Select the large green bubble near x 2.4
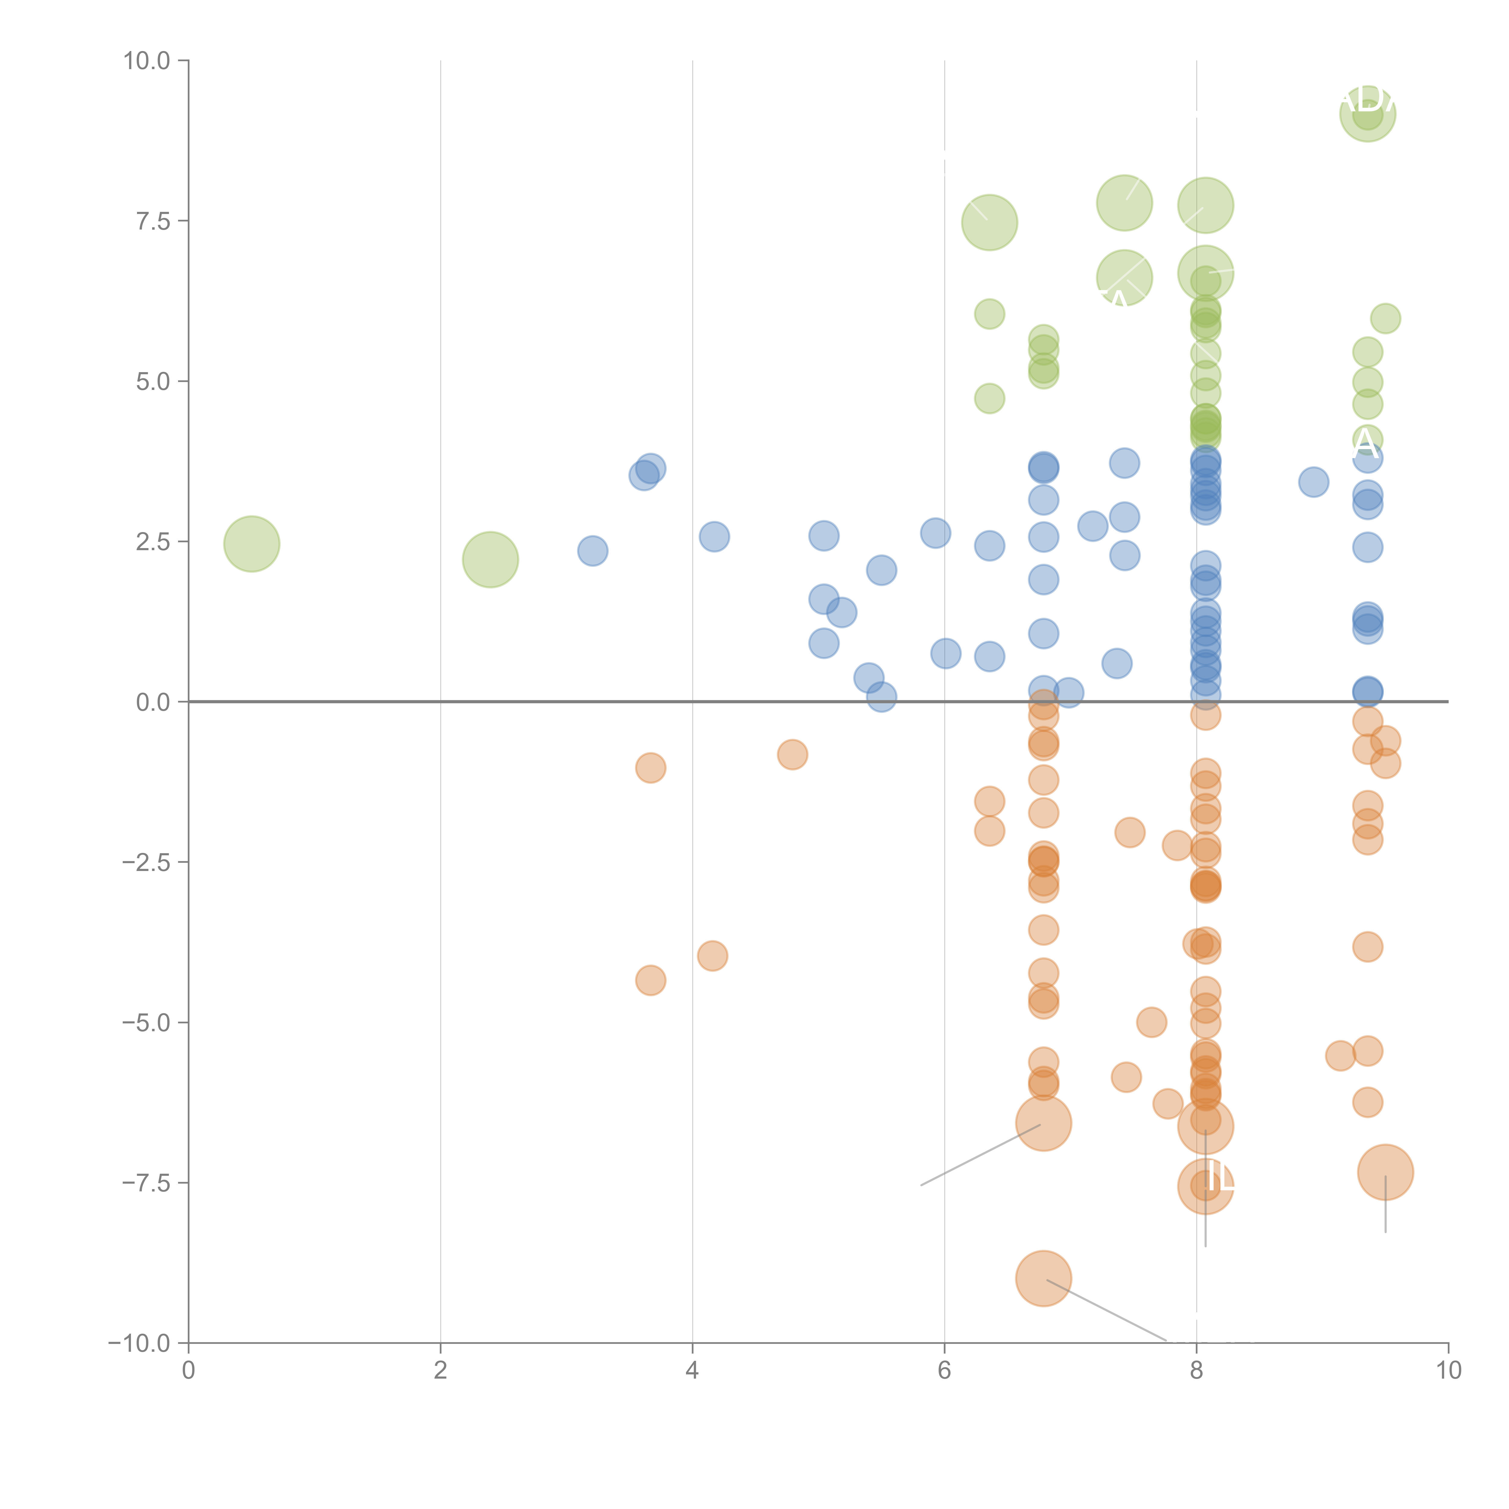pyautogui.click(x=490, y=559)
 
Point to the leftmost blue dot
pyautogui.click(x=593, y=551)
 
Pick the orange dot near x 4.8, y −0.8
pyautogui.click(x=792, y=754)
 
